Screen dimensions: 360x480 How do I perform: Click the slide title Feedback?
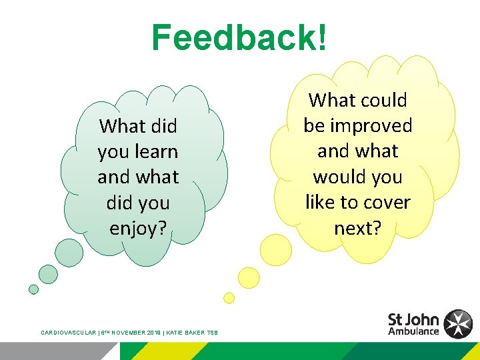(239, 38)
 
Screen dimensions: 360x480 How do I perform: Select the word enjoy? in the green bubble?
(138, 229)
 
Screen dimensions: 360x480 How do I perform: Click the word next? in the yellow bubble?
(358, 229)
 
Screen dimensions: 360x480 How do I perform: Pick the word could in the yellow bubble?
(383, 101)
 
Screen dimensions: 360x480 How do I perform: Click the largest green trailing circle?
(69, 253)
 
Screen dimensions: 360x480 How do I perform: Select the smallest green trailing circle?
(33, 289)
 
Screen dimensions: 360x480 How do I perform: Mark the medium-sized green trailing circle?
(49, 273)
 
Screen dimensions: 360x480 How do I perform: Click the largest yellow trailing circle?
(276, 249)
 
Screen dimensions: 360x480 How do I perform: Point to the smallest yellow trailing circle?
(229, 297)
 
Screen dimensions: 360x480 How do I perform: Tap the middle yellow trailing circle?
(249, 277)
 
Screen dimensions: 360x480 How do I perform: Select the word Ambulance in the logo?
(413, 331)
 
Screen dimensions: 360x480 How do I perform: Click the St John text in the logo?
(413, 319)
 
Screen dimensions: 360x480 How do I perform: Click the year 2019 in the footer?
(155, 332)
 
